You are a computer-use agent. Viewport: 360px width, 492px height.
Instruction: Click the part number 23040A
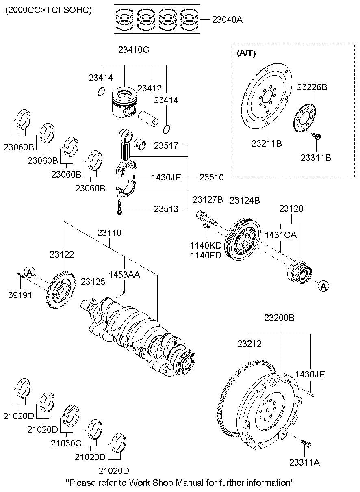(227, 19)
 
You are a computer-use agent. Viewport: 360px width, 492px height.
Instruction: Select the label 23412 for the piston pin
(149, 88)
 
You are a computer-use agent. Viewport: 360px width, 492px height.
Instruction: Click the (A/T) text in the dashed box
(246, 53)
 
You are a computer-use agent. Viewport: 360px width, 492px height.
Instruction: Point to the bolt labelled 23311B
(318, 137)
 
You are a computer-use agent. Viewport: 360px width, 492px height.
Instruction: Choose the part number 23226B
(312, 87)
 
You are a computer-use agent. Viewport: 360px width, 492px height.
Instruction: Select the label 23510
(211, 177)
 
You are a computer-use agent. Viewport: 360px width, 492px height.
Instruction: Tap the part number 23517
(166, 145)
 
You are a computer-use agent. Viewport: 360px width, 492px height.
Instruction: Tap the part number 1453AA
(124, 275)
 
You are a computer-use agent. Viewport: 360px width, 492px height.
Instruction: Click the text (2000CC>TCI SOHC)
(48, 10)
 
